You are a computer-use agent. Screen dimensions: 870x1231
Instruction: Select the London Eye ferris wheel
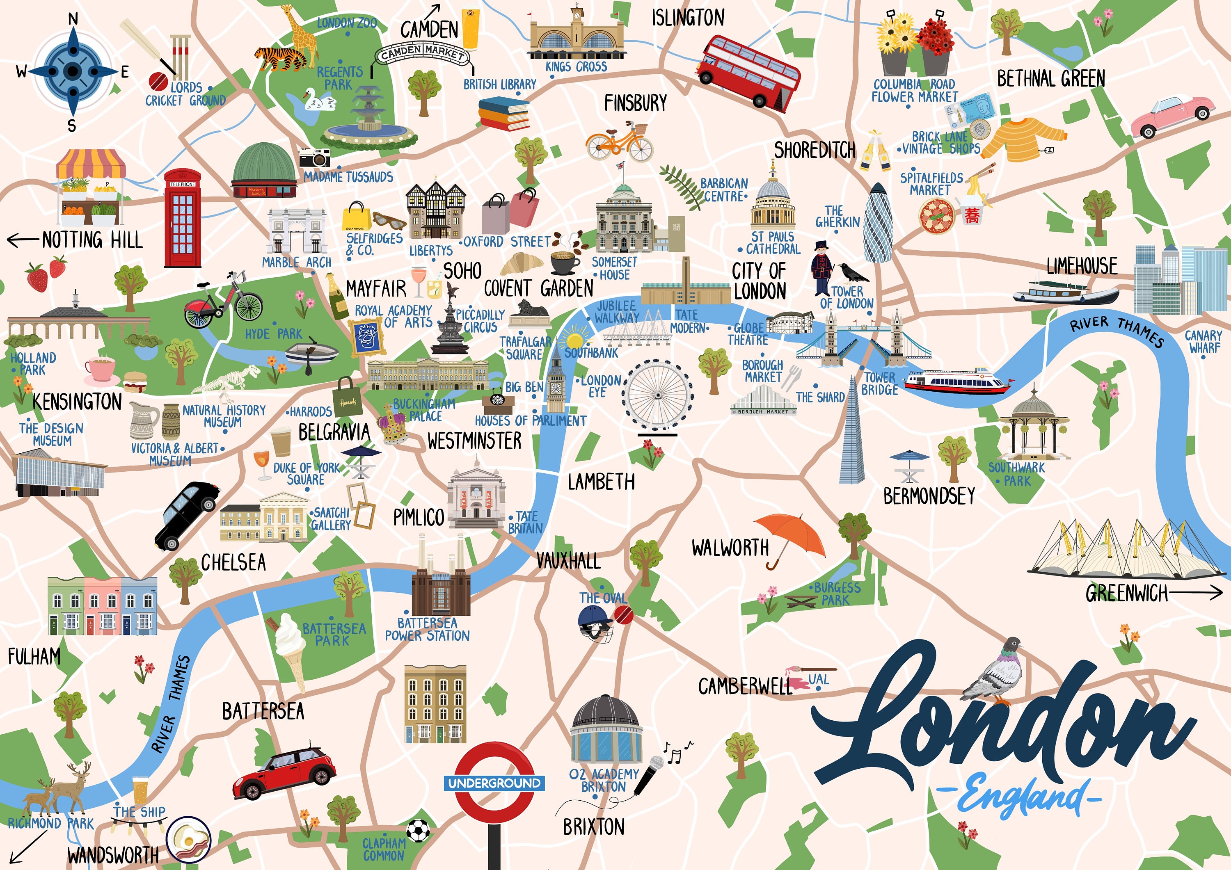pos(658,395)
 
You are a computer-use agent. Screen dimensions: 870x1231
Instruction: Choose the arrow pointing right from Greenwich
pos(1196,592)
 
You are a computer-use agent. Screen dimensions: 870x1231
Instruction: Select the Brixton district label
pos(593,827)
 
